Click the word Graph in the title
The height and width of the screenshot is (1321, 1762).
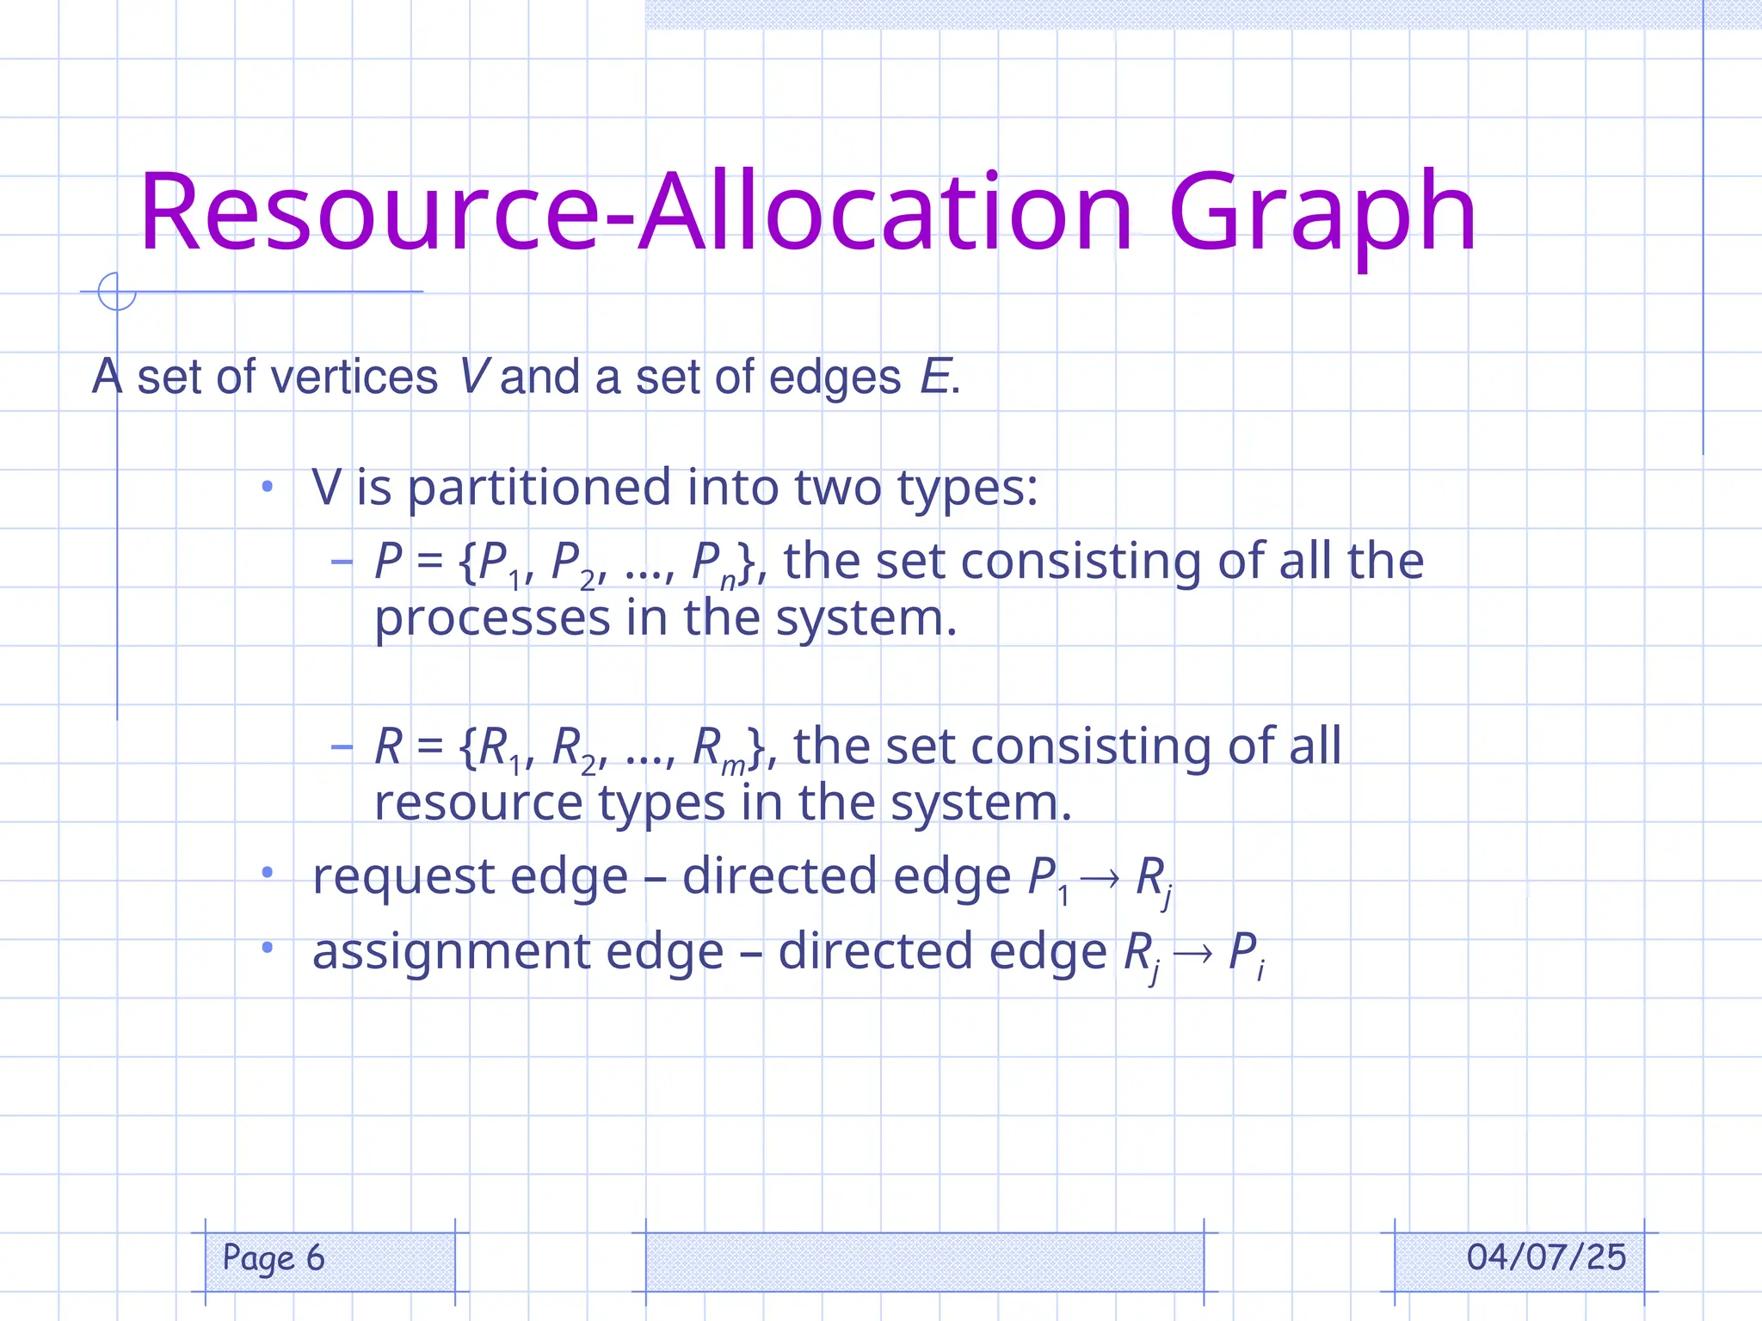1321,215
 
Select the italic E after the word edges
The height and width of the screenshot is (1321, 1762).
934,378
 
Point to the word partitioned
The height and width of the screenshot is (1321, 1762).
539,488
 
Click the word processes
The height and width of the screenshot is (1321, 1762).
491,619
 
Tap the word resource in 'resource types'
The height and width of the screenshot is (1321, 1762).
478,803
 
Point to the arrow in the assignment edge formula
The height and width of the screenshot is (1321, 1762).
1193,952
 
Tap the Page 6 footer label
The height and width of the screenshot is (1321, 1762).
274,1258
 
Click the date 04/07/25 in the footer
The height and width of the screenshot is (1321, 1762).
1546,1257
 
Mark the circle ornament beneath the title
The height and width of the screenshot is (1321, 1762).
117,291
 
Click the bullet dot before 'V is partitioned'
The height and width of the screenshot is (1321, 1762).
268,488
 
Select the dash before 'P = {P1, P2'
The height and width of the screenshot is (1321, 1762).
342,562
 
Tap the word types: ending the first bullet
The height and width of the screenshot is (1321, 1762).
967,488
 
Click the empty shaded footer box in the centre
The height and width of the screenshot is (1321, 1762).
924,1262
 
